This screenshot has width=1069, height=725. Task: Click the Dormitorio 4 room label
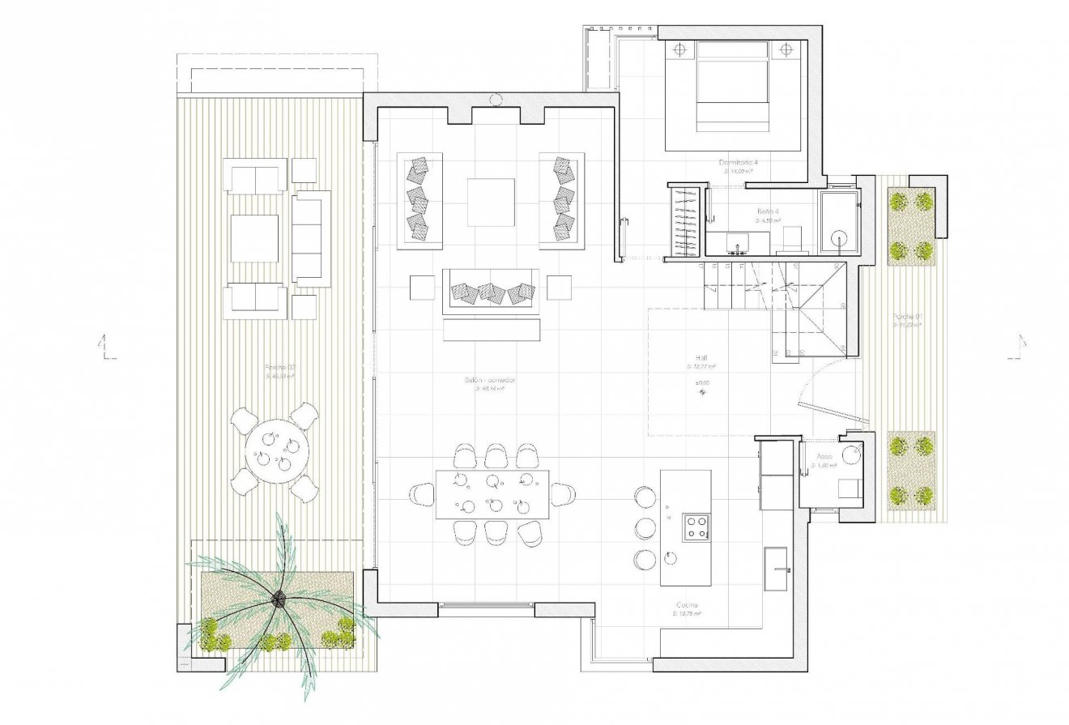tap(738, 162)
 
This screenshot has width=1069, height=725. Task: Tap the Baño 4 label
tap(768, 211)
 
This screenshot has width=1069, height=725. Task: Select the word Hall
tap(701, 357)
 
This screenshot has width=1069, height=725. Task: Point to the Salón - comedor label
tap(491, 380)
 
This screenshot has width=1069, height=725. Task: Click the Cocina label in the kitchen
tap(688, 605)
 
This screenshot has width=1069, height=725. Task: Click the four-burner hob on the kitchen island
tap(696, 527)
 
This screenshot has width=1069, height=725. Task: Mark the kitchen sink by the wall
tap(776, 560)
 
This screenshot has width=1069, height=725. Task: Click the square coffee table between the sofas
tap(491, 202)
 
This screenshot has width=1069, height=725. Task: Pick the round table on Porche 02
tap(278, 451)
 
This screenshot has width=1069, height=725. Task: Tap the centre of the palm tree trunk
tap(279, 599)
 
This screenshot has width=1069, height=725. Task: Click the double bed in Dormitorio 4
tap(732, 84)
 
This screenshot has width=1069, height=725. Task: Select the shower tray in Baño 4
tap(839, 223)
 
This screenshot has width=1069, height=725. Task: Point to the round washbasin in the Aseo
tap(850, 455)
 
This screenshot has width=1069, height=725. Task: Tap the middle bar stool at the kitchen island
tap(645, 527)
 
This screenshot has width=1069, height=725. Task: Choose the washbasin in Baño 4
tap(737, 242)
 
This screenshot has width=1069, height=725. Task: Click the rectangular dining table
tap(492, 494)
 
